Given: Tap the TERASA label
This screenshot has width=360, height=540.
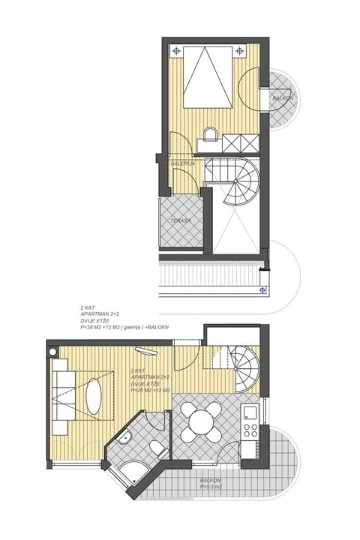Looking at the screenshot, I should (x=181, y=220).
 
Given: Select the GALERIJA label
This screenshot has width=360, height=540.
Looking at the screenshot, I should (x=182, y=163).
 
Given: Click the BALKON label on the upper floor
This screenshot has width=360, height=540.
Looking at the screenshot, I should (x=282, y=98).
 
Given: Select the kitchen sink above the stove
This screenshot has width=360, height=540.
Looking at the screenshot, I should (x=250, y=411).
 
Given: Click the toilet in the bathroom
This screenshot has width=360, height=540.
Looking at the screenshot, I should (x=159, y=448).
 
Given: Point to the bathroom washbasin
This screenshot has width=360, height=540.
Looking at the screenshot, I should (x=125, y=439).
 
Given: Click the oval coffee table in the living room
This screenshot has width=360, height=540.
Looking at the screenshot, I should (x=94, y=394).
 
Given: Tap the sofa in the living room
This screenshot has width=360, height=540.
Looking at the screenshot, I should (x=61, y=393).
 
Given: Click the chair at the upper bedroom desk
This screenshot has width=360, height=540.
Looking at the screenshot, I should (x=209, y=134).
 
